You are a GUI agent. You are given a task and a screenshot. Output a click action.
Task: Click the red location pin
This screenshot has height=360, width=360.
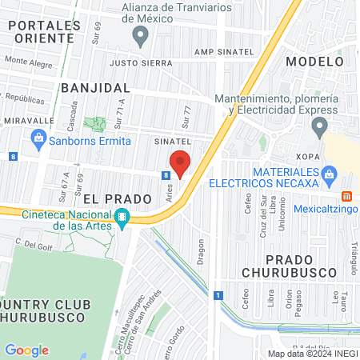[x=180, y=162]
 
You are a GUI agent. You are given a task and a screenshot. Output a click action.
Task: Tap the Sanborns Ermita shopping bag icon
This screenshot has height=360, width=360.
[x=38, y=138]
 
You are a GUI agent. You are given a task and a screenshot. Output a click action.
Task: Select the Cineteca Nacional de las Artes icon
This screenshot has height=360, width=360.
[x=122, y=216]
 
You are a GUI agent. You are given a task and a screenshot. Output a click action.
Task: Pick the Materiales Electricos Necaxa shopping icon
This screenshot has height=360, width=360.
[x=328, y=173]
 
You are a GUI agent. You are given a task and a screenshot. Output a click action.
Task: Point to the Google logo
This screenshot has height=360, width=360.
[x=26, y=350]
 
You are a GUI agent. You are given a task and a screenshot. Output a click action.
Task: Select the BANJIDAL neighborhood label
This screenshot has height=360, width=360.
[x=93, y=86]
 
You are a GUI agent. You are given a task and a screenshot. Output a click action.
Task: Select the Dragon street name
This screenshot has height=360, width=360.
[x=201, y=249]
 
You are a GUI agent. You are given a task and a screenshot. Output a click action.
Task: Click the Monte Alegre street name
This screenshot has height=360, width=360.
[x=28, y=60]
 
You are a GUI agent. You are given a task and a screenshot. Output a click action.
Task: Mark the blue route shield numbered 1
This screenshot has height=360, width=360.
[x=217, y=296]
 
